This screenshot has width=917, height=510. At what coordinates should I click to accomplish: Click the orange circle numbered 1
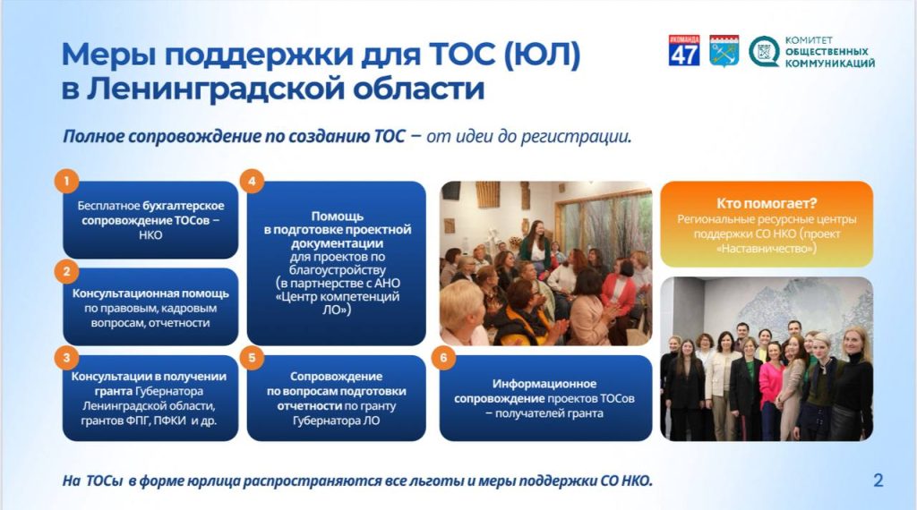coord(66,181)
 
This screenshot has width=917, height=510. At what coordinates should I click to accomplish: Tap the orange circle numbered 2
coord(66,271)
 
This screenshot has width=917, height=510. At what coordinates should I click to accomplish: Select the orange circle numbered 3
coord(66,358)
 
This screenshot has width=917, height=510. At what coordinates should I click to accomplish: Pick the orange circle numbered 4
coord(252,181)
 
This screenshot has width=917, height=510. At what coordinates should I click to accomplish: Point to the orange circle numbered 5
coord(252,358)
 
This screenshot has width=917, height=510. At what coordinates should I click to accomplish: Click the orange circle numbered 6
coord(443,358)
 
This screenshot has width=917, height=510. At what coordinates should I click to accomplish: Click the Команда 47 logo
coord(684,50)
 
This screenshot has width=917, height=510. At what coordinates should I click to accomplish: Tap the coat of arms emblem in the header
coord(724,51)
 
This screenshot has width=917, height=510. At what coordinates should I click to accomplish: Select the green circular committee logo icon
coord(764,51)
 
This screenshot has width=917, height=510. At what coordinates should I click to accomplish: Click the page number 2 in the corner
coord(878,480)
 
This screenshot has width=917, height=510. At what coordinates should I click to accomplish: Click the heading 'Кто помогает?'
coord(767,203)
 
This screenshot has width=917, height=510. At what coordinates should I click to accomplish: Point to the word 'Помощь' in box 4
coord(337,217)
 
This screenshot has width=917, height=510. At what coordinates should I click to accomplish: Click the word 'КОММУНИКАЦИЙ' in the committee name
coord(830,64)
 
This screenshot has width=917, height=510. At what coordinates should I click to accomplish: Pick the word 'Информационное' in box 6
coord(544,384)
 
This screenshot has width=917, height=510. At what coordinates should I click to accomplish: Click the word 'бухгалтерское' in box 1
coord(184,206)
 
